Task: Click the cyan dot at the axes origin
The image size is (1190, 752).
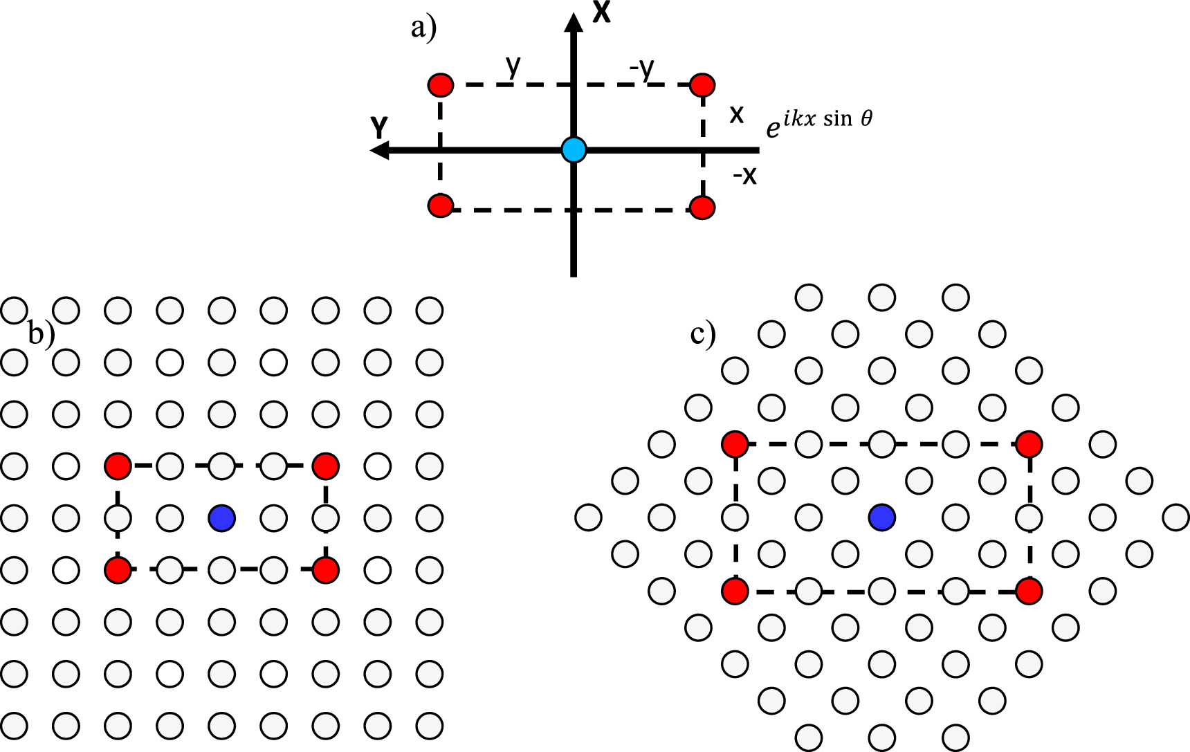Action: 574,149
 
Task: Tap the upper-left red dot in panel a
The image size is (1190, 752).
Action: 441,86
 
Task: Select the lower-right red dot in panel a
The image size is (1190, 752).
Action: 702,208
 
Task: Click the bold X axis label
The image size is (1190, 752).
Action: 602,12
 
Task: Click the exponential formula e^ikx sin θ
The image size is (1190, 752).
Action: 819,123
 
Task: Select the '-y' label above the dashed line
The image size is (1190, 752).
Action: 642,68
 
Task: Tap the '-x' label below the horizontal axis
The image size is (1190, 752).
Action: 745,176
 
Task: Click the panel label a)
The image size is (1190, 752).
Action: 423,29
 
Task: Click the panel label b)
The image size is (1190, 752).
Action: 41,334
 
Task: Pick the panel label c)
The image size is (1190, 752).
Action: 703,335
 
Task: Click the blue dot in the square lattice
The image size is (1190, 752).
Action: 222,517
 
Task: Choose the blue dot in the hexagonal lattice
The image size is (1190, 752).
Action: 882,517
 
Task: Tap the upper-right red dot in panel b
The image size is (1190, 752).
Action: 325,466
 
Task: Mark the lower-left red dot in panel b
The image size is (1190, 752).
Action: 118,570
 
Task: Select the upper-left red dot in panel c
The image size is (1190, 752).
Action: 735,443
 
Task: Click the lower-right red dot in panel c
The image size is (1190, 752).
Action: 1029,591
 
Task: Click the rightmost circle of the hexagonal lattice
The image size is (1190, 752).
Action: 1176,517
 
